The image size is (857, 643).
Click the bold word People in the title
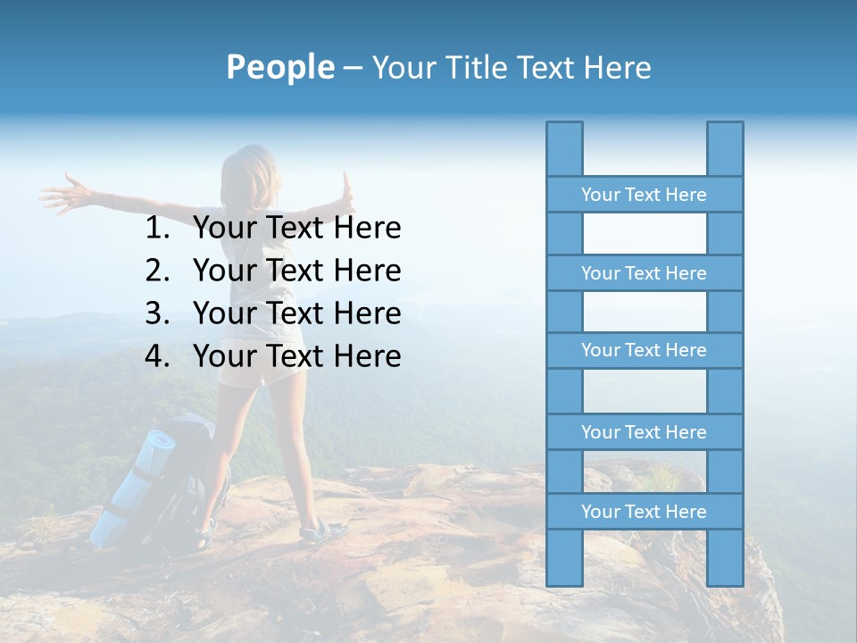(x=279, y=67)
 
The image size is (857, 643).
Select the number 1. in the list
(x=156, y=229)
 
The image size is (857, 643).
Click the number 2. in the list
(x=156, y=271)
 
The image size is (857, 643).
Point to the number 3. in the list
(x=156, y=313)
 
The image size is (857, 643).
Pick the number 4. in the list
(x=156, y=356)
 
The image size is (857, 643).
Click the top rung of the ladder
(x=644, y=195)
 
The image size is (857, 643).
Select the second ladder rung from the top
(x=644, y=273)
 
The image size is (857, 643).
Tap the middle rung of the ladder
(x=644, y=350)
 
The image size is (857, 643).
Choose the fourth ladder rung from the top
(x=644, y=432)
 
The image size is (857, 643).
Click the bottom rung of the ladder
(x=644, y=512)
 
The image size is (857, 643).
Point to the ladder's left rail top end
(x=564, y=129)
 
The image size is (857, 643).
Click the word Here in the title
(x=618, y=67)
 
